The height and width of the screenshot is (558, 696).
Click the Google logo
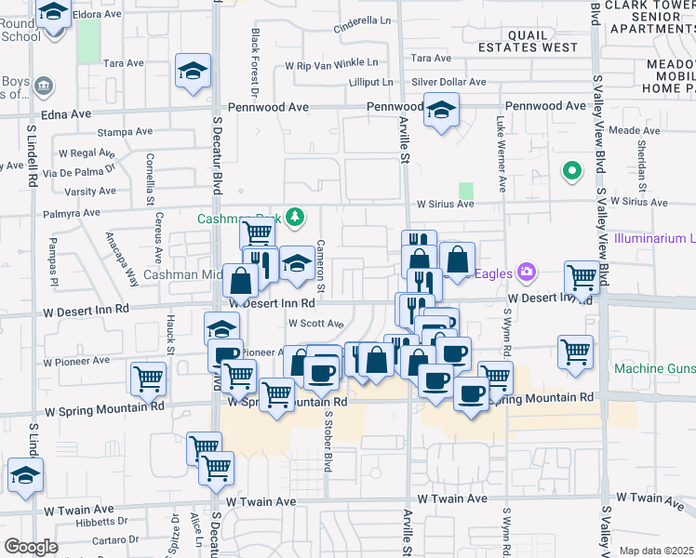coord(31,547)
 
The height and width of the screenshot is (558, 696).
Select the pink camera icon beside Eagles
coord(527,272)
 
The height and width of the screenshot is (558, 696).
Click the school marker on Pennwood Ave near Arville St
coord(441,110)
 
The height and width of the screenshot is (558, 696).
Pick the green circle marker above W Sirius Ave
coord(571,171)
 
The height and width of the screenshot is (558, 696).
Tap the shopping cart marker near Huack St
coord(149,379)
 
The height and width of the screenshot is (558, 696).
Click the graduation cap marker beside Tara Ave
coord(193,72)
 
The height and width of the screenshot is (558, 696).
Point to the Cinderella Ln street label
coord(362,20)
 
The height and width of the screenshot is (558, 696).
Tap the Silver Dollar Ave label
coord(448,83)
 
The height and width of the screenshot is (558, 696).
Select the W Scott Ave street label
coord(315,324)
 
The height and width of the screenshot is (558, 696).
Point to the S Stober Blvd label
coord(328,436)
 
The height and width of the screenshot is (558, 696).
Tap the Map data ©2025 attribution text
coord(657,551)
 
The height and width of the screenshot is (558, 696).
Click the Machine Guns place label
coord(654,369)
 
